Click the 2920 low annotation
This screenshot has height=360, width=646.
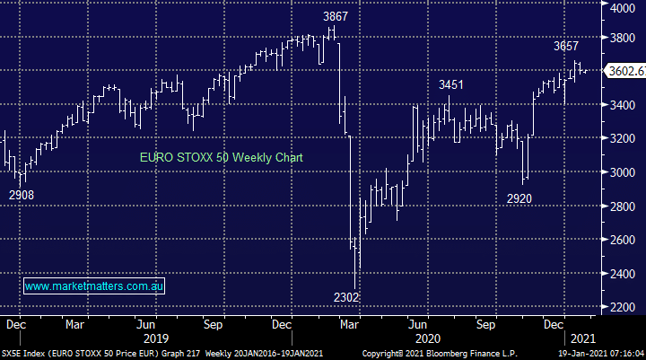pyautogui.click(x=519, y=198)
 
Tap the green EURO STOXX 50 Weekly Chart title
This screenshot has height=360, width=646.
pyautogui.click(x=221, y=157)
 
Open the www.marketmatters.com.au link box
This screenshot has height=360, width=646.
pyautogui.click(x=94, y=286)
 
